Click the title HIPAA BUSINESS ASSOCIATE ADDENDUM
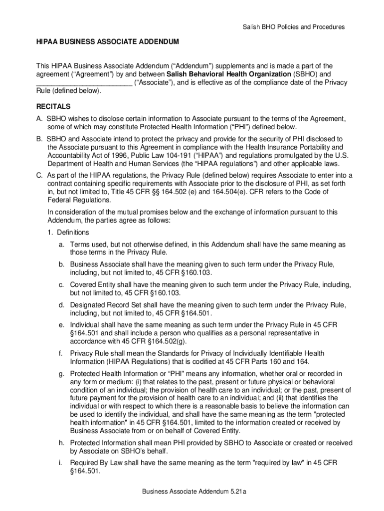107,43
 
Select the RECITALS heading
53,107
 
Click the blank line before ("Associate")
84,83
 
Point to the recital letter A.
39,119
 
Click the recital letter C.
39,175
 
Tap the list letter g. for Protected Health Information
61,374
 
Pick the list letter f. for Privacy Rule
60,353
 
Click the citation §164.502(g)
166,341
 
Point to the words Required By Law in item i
96,463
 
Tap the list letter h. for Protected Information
61,443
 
